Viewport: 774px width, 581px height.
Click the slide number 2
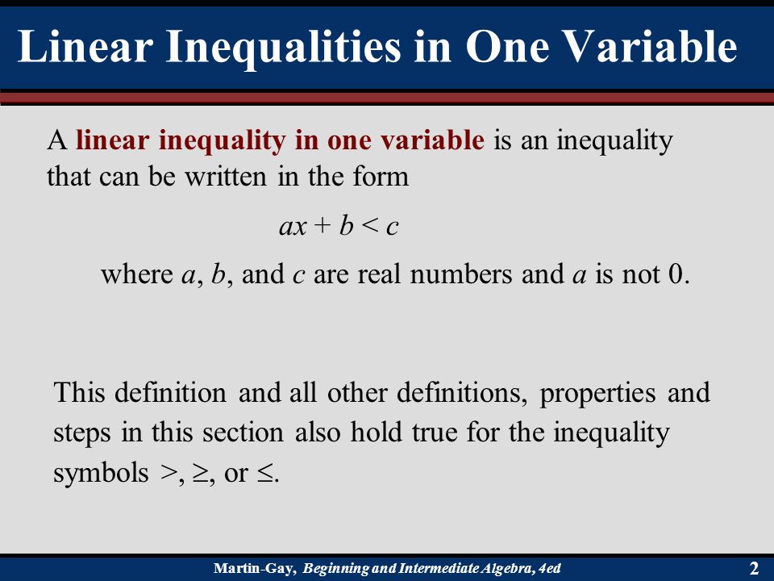[754, 568]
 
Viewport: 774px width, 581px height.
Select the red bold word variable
[432, 141]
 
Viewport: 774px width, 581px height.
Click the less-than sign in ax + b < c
[369, 227]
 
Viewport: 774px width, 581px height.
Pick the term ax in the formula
[292, 228]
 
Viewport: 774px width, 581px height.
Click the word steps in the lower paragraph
[83, 434]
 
